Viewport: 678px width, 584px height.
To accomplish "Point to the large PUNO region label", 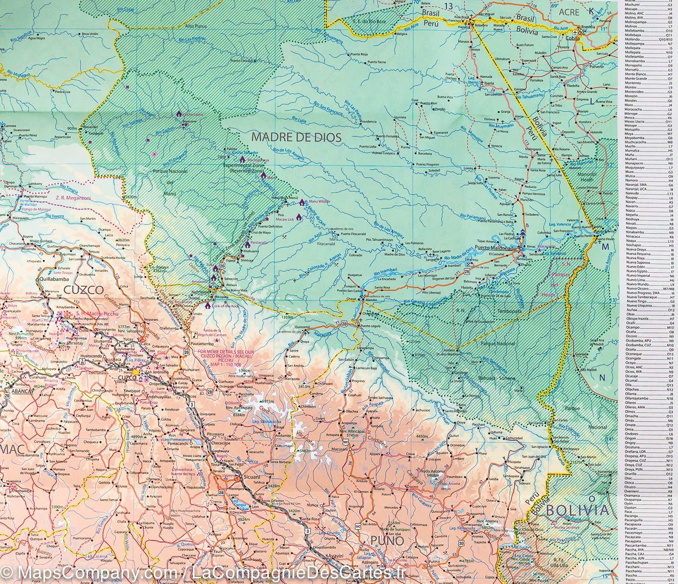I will pos(387,541).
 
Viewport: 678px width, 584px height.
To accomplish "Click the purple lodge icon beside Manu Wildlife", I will pos(302,202).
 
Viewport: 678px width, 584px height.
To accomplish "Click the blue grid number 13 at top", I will pos(448,6).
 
